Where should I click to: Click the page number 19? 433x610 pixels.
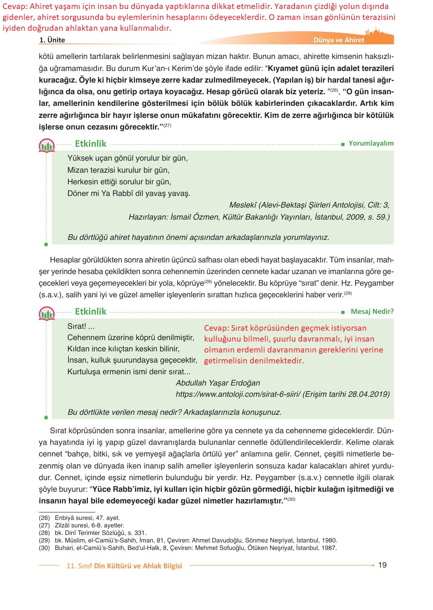[x=382, y=565]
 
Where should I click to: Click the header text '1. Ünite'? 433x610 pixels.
[x=52, y=40]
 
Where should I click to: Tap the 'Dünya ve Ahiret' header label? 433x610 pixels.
[x=339, y=40]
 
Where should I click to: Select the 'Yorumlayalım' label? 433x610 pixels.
[x=371, y=143]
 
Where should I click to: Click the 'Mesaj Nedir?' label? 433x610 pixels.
[x=372, y=312]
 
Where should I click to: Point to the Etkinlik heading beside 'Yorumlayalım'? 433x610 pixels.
[x=91, y=144]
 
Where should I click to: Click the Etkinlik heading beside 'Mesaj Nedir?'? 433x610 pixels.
[x=91, y=312]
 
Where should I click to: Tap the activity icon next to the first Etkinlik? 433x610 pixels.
[x=47, y=145]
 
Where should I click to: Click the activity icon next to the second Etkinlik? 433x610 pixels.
[x=47, y=313]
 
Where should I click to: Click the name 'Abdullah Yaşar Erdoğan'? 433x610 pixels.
[x=218, y=383]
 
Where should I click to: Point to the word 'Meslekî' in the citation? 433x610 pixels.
[x=243, y=205]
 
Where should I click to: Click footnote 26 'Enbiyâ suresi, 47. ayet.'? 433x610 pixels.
[x=79, y=518]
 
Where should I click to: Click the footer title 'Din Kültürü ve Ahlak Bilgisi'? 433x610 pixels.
[x=138, y=566]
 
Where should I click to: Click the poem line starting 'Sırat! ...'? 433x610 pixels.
[x=81, y=326]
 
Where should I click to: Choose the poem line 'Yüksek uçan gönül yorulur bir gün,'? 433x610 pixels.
[x=127, y=158]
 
